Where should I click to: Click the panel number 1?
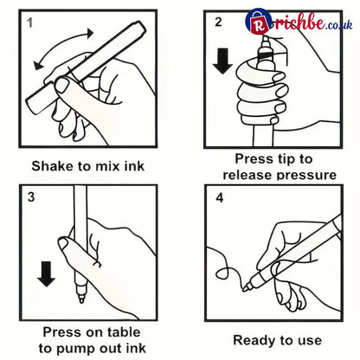pos(29,22)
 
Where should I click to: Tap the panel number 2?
pos(218,22)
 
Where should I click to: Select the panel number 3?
pos(31,196)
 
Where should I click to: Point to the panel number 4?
pos(220,198)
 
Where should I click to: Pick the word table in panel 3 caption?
pos(123,332)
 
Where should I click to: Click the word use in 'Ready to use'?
pos(310,341)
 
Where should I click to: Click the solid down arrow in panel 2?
pos(222,61)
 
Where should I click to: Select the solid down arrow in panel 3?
pos(46,274)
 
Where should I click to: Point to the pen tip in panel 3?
pos(81,300)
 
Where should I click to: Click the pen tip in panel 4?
pos(244,288)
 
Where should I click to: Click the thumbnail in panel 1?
pos(61,85)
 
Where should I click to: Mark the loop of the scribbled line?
pos(223,273)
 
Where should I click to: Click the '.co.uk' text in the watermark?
pos(339,24)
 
